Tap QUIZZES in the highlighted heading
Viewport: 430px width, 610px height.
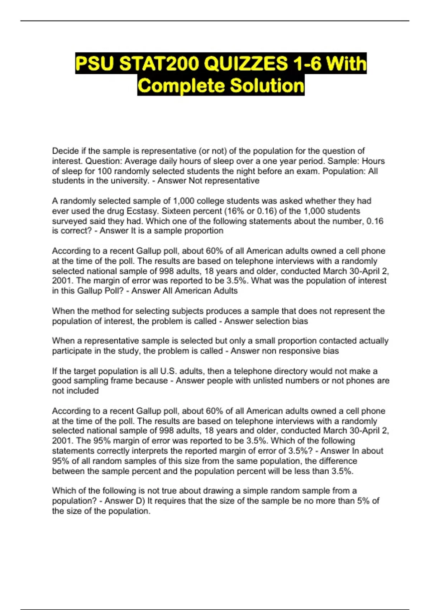tap(245, 64)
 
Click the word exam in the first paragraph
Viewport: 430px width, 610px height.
tap(307, 171)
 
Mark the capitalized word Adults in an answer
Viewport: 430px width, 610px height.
tap(226, 291)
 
